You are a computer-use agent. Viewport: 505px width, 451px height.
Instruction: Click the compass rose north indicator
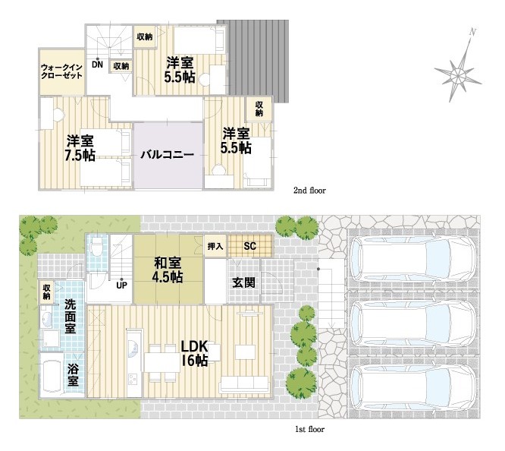[458, 68]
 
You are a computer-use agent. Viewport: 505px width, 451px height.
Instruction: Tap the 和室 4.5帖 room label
[168, 270]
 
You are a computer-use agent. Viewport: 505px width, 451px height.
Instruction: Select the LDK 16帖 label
[194, 354]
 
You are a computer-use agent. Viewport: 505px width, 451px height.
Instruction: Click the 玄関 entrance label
[244, 282]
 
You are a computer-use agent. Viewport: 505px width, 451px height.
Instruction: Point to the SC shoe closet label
[250, 246]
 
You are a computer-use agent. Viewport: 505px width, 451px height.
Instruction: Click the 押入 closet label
[215, 246]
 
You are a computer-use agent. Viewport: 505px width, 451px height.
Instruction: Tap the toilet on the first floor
[96, 247]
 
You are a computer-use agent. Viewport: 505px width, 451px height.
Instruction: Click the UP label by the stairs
[121, 285]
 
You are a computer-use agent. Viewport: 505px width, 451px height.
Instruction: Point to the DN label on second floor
[97, 65]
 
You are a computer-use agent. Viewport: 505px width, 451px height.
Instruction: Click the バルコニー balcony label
[167, 155]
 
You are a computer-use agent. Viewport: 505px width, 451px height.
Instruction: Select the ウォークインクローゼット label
[61, 71]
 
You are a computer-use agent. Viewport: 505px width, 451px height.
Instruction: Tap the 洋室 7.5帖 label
[80, 148]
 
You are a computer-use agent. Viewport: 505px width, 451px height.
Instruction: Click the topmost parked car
[413, 260]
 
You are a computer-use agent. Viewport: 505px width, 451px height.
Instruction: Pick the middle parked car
[413, 324]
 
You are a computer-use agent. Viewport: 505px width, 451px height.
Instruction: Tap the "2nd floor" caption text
[309, 191]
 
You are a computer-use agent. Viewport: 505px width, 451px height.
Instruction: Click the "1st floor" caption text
[309, 429]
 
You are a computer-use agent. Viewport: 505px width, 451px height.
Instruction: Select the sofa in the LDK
[245, 384]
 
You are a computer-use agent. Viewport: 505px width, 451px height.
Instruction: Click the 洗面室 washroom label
[71, 317]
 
